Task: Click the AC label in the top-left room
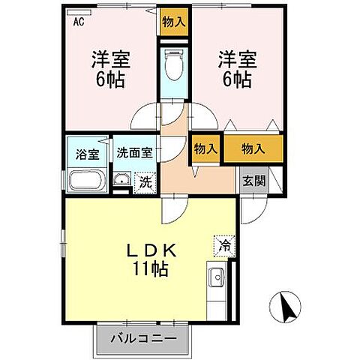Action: [x=78, y=22]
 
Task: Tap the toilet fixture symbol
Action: [x=173, y=64]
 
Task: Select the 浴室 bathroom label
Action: [x=88, y=154]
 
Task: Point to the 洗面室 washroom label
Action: [x=134, y=151]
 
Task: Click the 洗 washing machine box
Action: [x=147, y=181]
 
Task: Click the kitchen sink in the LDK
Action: [x=218, y=278]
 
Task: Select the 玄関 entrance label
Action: [x=253, y=180]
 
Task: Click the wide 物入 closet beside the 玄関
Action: [x=253, y=148]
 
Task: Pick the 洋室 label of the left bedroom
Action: [x=108, y=57]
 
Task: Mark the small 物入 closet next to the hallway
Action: [x=205, y=148]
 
